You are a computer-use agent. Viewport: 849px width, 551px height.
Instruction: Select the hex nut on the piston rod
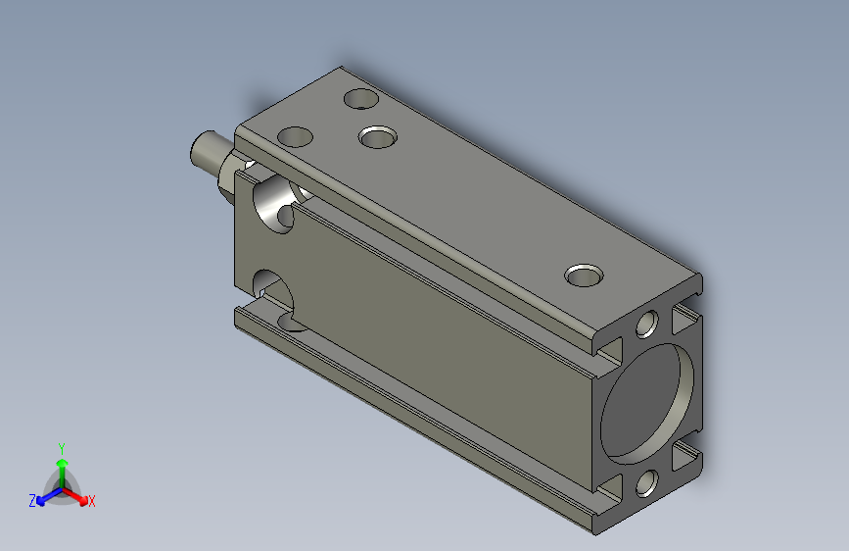point(227,175)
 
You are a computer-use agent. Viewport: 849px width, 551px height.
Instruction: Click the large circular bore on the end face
point(646,404)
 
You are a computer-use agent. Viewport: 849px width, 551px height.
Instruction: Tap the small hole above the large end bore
point(646,325)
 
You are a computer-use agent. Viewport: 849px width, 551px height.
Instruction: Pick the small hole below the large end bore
point(646,482)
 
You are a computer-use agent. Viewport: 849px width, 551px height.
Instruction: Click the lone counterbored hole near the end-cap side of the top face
point(584,275)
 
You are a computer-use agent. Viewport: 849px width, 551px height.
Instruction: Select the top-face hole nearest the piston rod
point(295,136)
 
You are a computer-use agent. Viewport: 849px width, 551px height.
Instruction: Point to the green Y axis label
point(62,448)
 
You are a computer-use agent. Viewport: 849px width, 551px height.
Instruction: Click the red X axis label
point(91,502)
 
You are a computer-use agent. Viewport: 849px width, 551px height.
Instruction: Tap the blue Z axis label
point(32,501)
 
